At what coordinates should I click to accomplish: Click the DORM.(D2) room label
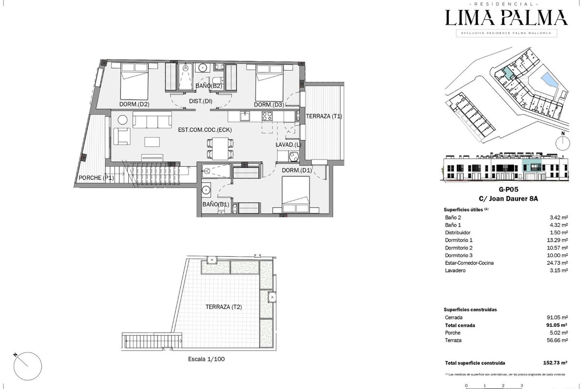point(134,104)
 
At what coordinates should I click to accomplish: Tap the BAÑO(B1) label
point(216,204)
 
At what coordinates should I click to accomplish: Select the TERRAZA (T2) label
point(223,307)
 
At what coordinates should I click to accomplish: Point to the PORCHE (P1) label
point(96,177)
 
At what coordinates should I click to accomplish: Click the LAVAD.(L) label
point(289,144)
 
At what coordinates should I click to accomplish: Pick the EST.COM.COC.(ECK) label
point(205,130)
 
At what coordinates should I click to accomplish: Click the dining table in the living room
point(220,148)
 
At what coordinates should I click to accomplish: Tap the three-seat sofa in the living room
point(152,120)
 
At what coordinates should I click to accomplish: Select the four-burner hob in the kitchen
point(267,116)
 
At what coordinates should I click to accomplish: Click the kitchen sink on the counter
point(245,116)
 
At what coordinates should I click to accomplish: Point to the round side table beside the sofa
point(122,120)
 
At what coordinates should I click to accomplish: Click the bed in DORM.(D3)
point(269,83)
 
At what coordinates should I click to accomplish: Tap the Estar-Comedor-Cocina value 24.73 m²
point(557,263)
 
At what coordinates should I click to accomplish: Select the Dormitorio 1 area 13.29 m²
point(557,240)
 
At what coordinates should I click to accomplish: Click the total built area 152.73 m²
point(555,363)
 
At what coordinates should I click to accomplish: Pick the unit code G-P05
point(508,190)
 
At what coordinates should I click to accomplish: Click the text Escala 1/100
point(206,359)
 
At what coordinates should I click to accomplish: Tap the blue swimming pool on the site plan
point(549,81)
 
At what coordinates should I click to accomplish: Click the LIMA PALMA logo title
point(506,18)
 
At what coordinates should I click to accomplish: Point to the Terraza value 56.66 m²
point(557,340)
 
